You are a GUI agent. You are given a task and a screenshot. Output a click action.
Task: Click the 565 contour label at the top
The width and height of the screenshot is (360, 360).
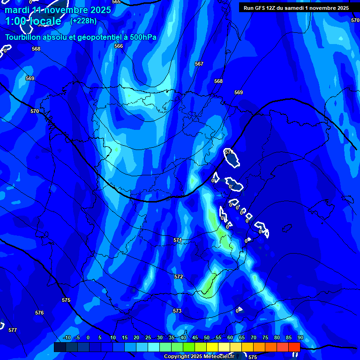116,2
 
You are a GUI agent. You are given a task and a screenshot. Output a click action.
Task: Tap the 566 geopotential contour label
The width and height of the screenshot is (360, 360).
119,46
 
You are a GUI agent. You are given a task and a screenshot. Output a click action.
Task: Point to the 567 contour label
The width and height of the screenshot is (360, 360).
199,64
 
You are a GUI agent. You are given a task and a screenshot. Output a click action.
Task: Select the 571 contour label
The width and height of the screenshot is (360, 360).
178,240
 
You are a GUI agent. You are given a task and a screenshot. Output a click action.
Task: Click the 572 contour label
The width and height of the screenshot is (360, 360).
179,277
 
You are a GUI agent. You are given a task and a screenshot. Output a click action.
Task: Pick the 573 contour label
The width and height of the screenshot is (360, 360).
177,311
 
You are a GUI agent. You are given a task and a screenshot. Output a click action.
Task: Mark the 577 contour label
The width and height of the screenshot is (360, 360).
13,330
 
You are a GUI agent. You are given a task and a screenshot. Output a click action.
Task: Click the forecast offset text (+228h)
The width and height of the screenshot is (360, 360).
83,21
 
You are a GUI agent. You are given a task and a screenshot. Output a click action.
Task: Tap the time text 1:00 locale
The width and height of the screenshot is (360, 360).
33,21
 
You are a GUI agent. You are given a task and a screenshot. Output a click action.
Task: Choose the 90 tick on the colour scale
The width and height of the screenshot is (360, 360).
300,337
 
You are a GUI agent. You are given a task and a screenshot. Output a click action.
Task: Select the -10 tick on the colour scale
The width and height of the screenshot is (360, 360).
67,337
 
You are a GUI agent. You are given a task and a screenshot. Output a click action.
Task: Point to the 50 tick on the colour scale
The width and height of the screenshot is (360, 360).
207,337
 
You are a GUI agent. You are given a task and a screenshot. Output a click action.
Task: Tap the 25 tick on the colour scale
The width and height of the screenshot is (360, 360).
148,337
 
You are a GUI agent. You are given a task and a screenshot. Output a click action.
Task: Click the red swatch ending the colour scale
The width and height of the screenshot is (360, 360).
294,347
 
